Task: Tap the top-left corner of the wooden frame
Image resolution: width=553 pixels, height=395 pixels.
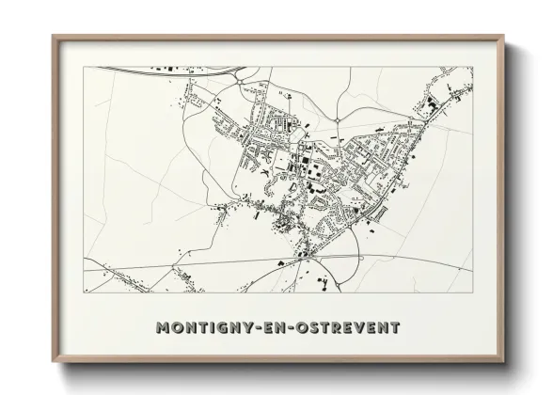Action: [x=53, y=36]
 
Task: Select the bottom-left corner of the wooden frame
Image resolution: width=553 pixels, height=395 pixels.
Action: [x=53, y=364]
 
